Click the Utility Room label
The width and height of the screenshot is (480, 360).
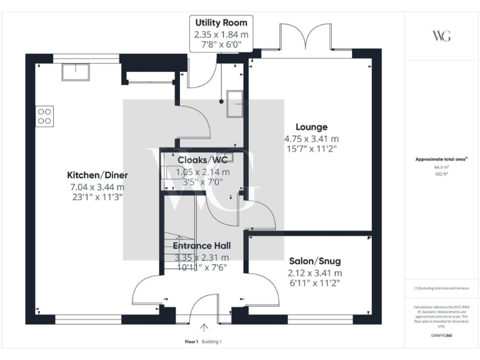click(x=221, y=23)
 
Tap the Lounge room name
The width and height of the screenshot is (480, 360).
click(x=311, y=127)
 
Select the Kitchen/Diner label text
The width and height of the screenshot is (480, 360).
click(x=96, y=175)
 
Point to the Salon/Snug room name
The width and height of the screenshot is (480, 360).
click(x=315, y=261)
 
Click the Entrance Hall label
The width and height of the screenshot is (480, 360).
click(x=201, y=246)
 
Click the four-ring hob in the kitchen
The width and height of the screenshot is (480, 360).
click(x=45, y=116)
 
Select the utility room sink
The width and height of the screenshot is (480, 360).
click(x=236, y=102)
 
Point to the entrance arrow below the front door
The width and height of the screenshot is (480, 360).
click(x=204, y=327)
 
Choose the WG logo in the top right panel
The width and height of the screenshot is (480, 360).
click(x=441, y=35)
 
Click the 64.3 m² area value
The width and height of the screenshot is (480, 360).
click(x=441, y=167)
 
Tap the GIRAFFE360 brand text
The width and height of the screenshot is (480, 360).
click(x=441, y=336)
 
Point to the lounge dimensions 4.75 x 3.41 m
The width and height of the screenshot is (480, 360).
click(x=311, y=139)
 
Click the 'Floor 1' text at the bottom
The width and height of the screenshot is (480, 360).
click(x=191, y=342)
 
